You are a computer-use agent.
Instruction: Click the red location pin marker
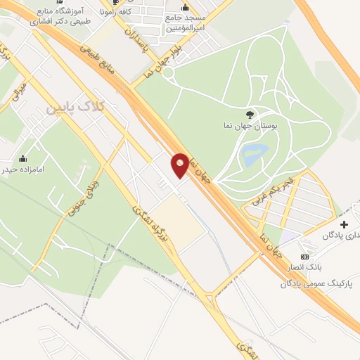coord(180,165)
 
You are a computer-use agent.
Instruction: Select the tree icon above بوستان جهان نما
coord(251,113)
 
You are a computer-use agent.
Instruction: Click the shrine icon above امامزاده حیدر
coord(23,157)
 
